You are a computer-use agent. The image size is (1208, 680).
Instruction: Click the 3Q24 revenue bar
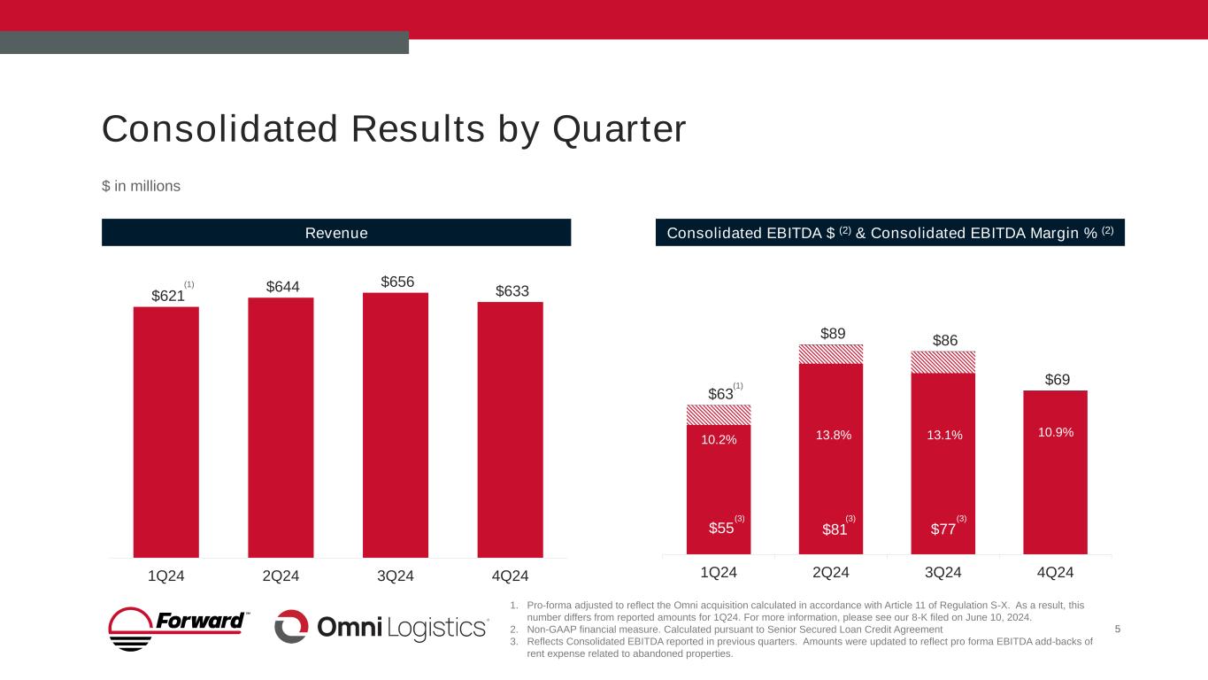click(395, 425)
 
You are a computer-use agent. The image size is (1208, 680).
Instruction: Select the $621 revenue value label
click(167, 296)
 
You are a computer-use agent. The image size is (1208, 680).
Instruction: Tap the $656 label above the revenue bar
click(396, 281)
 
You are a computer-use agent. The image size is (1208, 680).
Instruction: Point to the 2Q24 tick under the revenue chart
click(280, 576)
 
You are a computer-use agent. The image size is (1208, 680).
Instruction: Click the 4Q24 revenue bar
click(510, 429)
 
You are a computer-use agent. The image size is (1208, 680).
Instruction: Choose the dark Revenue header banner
click(336, 233)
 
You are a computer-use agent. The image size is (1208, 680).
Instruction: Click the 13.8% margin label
click(830, 435)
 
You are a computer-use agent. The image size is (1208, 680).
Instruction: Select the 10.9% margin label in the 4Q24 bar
click(1055, 432)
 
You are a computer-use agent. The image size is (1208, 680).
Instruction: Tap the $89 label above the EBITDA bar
click(831, 333)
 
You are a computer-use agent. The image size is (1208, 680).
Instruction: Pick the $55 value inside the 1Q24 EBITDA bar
click(722, 529)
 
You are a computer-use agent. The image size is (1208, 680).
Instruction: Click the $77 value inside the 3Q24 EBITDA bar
click(943, 529)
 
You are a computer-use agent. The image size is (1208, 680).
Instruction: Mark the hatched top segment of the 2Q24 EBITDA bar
click(831, 354)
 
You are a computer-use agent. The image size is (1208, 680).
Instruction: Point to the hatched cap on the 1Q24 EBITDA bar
click(719, 414)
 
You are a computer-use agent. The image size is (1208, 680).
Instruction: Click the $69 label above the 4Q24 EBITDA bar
click(1057, 380)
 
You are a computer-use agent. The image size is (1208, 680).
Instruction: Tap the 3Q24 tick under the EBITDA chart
click(943, 572)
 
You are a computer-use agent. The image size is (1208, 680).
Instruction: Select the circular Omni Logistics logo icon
click(290, 627)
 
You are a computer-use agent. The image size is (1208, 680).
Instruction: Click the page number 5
click(1119, 629)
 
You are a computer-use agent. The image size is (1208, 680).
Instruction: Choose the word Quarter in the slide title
click(619, 129)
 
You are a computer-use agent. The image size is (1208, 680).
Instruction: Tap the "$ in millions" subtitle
click(141, 186)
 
